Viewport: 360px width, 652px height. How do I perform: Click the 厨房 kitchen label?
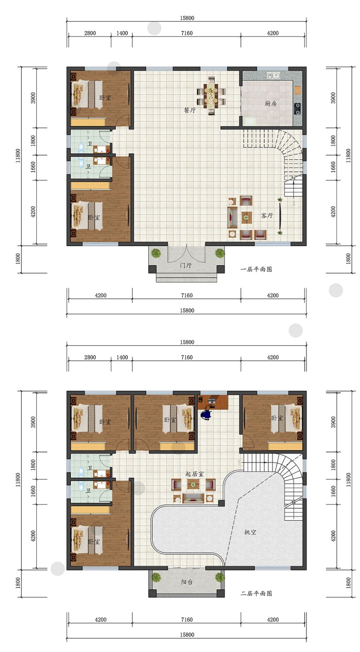[x=270, y=104]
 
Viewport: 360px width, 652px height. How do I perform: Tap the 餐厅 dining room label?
[x=190, y=110]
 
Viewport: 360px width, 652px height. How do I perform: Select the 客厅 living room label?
[x=267, y=216]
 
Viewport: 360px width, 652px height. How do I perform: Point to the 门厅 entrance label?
[x=186, y=265]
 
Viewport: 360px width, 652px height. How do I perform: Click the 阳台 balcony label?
[x=187, y=582]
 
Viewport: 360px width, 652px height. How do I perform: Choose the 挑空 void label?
[x=250, y=532]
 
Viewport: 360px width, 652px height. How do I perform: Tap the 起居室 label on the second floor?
[x=194, y=474]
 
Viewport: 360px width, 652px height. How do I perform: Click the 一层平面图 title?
[x=256, y=269]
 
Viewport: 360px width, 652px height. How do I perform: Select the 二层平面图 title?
[x=256, y=593]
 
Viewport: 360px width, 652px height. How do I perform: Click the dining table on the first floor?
[x=211, y=96]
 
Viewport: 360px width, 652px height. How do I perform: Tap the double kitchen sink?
[x=273, y=75]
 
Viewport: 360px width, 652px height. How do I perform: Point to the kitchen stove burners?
[x=297, y=108]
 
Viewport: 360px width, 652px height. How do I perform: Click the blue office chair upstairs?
[x=206, y=414]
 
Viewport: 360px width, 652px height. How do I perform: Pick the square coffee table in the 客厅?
[x=247, y=217]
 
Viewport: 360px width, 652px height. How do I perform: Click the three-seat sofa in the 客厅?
[x=232, y=217]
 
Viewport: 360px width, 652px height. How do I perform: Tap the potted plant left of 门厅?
[x=156, y=253]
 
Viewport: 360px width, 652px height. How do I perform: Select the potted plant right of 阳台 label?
[x=220, y=577]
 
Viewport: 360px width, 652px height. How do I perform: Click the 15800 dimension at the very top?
[x=187, y=18]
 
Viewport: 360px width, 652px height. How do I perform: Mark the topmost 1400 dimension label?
[x=122, y=33]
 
